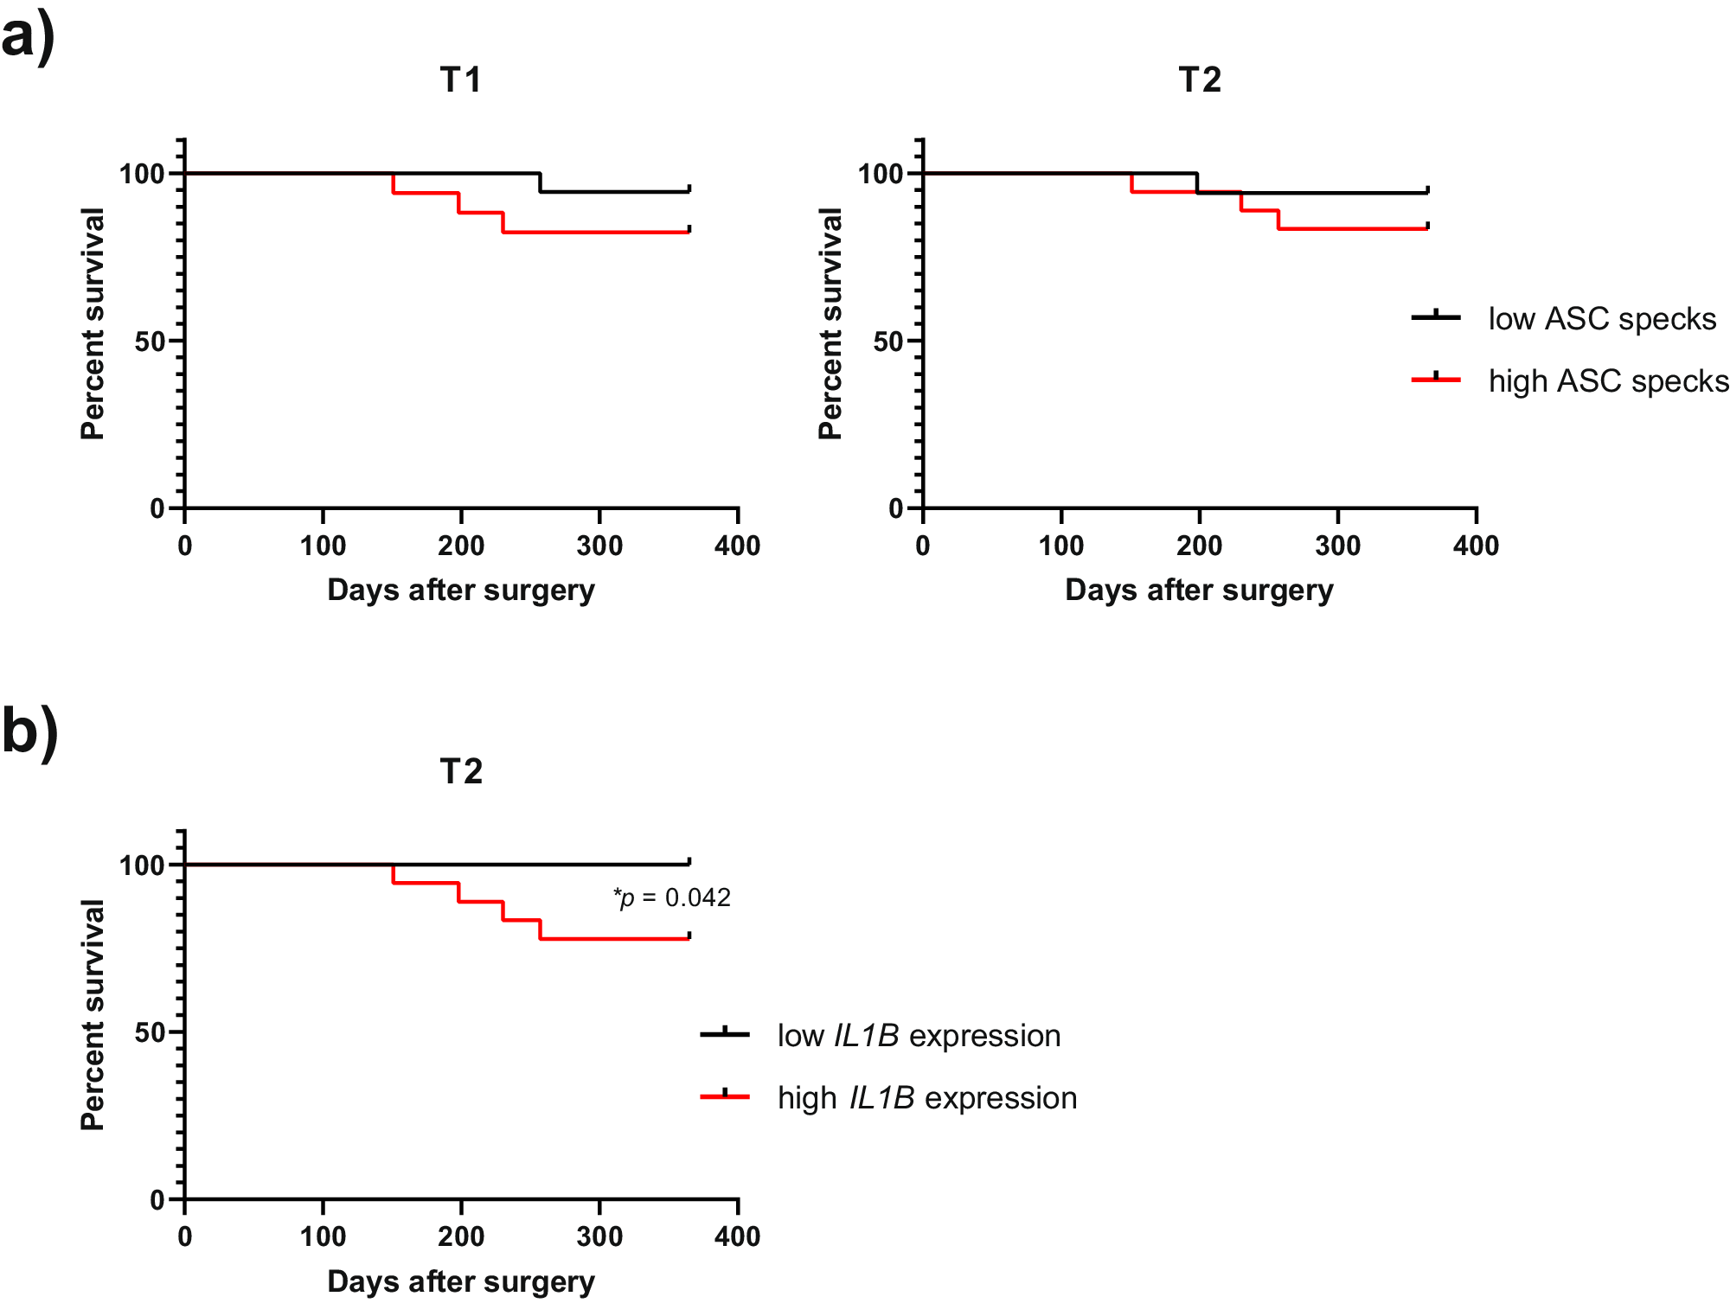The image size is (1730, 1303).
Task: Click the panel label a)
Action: pos(28,36)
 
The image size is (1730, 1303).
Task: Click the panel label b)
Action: pos(29,731)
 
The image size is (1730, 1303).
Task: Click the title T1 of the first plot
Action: pos(460,80)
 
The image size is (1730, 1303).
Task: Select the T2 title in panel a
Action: pos(1200,80)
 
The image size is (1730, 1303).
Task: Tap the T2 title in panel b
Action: pos(460,771)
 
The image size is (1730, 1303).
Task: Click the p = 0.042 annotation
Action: pos(672,897)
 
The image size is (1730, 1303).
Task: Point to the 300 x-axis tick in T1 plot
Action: pos(599,546)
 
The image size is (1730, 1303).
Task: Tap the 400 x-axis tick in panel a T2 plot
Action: pos(1476,546)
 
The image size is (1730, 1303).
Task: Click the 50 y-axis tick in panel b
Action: pos(150,1032)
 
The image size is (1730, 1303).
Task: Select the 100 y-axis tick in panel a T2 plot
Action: pos(880,174)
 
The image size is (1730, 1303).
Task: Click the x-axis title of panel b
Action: pos(460,1281)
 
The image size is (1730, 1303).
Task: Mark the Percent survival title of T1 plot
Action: pos(93,324)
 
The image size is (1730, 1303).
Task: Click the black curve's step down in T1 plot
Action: pos(540,182)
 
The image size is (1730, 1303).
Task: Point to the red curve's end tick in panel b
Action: pos(689,936)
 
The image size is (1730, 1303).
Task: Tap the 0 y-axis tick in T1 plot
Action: pos(157,508)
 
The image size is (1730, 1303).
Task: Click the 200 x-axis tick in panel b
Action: pos(460,1236)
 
